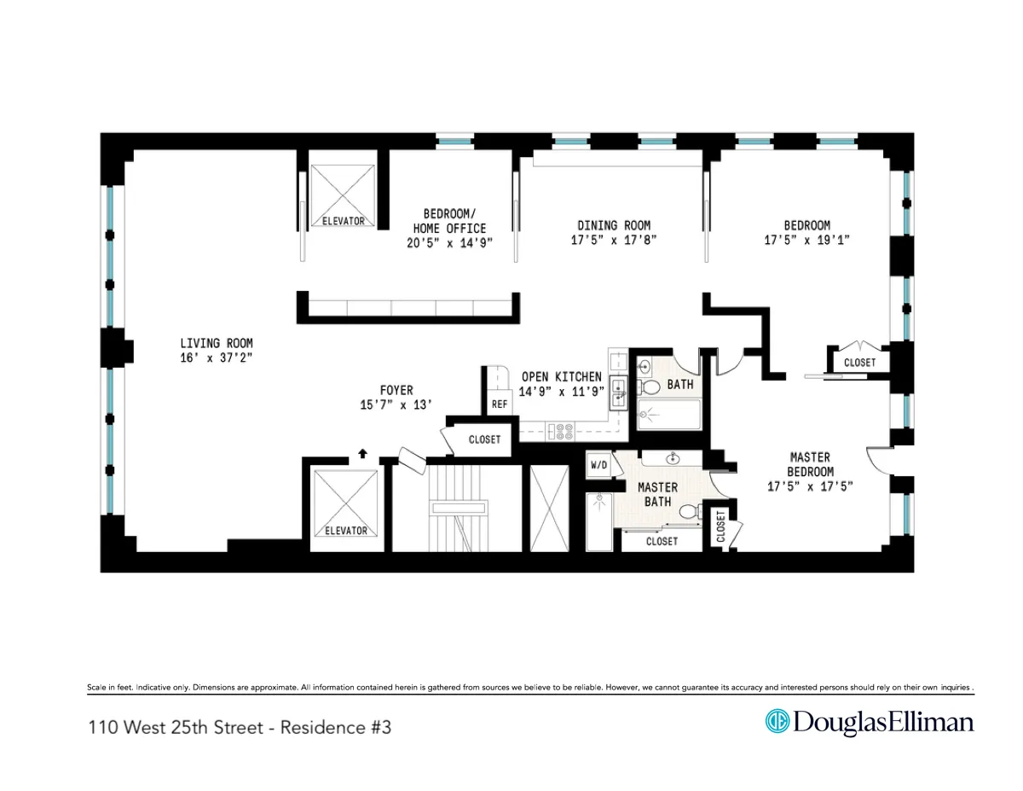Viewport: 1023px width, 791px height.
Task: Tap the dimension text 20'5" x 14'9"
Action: [449, 242]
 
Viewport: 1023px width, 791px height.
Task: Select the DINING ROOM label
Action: [613, 225]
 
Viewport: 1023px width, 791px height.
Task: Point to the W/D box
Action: [599, 465]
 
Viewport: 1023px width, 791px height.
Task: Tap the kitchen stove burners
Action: [564, 432]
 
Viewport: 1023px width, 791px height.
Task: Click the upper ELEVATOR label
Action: [343, 221]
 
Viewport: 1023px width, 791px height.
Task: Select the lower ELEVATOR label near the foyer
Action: [345, 530]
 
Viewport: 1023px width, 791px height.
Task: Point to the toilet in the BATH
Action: [650, 387]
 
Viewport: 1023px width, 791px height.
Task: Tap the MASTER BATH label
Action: [658, 494]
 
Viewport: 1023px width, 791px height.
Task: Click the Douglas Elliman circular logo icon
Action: [777, 722]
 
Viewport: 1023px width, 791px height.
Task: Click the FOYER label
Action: [397, 390]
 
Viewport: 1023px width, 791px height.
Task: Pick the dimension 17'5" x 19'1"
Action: [806, 241]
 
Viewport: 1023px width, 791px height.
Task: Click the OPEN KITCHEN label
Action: [562, 376]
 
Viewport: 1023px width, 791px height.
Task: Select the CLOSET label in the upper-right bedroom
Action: [858, 363]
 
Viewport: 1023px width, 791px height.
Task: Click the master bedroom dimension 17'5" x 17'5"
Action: [809, 486]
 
